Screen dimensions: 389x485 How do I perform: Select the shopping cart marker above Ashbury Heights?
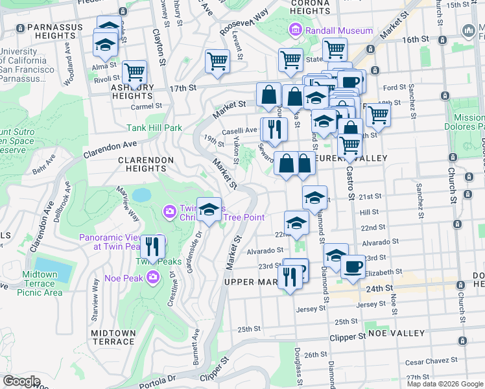(134, 73)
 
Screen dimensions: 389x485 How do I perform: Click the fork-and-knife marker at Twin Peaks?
(152, 246)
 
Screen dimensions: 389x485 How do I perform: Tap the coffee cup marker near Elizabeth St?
(353, 266)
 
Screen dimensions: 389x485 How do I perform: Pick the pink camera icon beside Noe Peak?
(153, 278)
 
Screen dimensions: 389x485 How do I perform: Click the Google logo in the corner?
(21, 381)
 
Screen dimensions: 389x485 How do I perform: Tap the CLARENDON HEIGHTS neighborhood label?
(145, 164)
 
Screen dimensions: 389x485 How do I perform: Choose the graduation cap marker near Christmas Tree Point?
(209, 209)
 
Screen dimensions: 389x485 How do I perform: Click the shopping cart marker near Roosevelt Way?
(218, 62)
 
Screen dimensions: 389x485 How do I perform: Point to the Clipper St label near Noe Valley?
(348, 338)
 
